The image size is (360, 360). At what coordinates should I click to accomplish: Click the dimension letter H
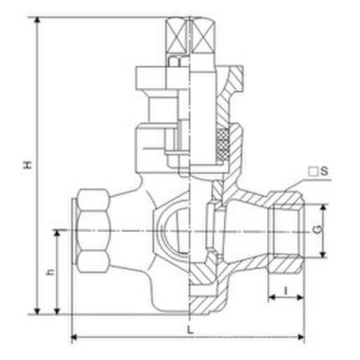click(x=28, y=165)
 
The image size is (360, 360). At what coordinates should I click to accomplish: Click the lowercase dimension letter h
click(x=50, y=272)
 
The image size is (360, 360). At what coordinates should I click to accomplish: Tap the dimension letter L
click(x=190, y=330)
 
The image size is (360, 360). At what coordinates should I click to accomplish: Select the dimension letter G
click(x=318, y=230)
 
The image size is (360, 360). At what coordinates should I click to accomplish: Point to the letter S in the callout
click(x=324, y=171)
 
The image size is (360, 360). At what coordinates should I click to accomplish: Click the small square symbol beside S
click(x=313, y=172)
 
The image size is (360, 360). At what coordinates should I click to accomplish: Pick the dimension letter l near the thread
click(x=286, y=291)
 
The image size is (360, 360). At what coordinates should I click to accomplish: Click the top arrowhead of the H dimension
click(x=37, y=20)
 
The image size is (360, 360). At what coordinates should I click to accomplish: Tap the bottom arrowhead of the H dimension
click(x=37, y=311)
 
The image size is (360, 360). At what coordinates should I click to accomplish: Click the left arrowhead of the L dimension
click(x=74, y=337)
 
